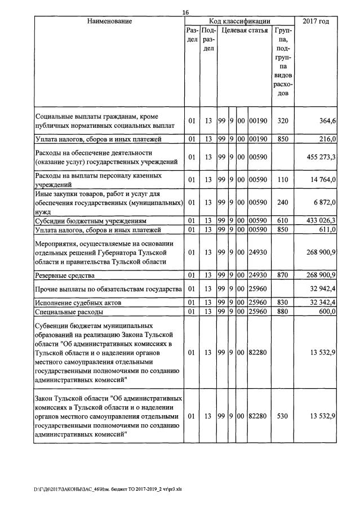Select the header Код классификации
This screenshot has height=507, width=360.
pos(239,21)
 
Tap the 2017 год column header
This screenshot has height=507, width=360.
pos(316,21)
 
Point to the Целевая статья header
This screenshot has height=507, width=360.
pos(244,30)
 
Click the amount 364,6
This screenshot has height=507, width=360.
pos(327,121)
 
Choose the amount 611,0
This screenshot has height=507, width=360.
pos(327,229)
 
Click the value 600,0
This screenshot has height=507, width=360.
pos(327,311)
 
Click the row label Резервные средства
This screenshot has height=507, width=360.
pos(65,275)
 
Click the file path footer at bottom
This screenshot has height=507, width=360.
pos(108,489)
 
